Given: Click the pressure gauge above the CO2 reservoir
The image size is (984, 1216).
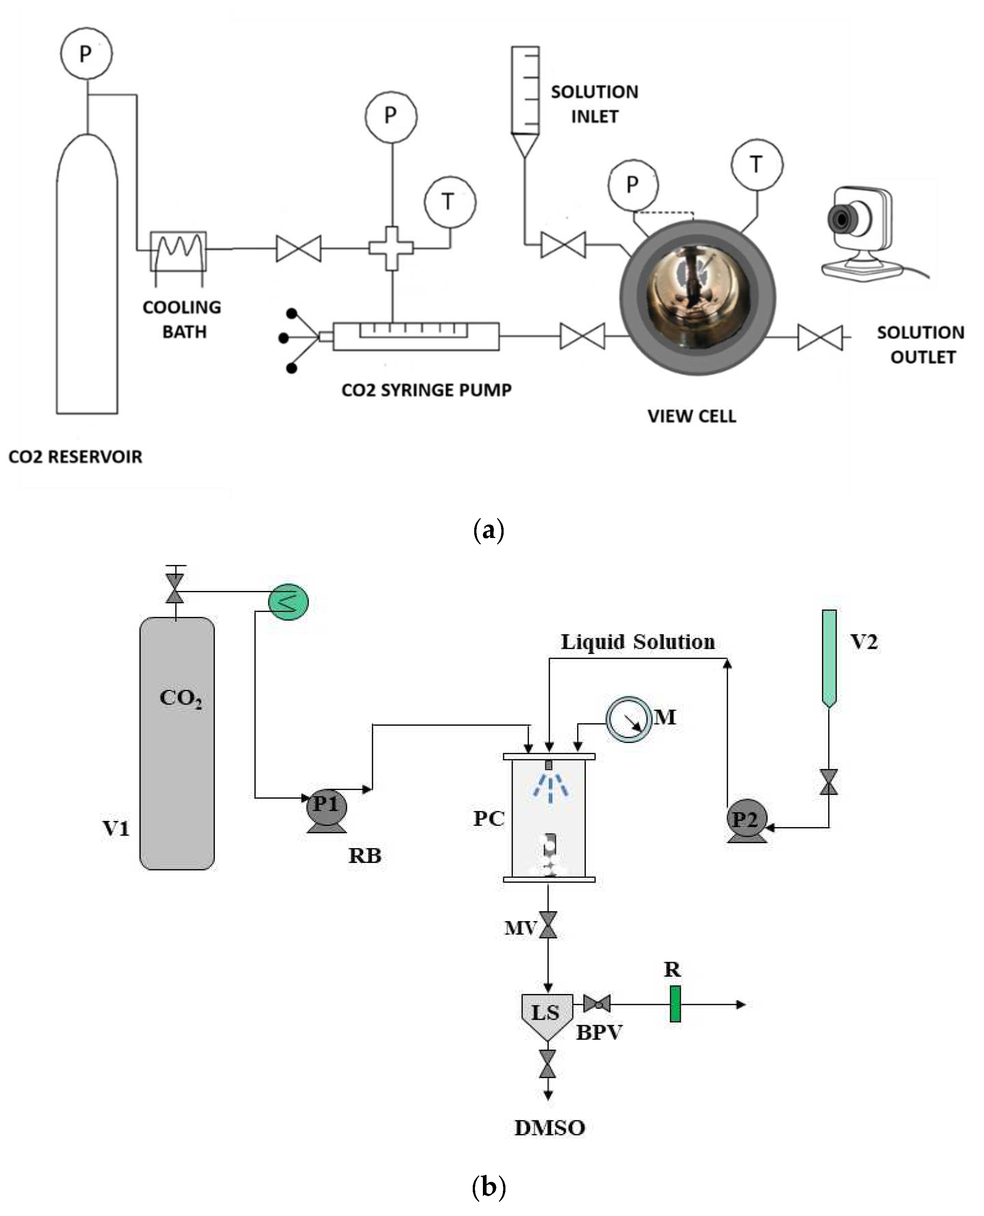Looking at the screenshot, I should click(86, 54).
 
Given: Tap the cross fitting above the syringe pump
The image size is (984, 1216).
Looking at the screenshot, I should click(391, 248).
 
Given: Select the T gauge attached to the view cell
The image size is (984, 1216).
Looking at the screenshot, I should click(757, 165).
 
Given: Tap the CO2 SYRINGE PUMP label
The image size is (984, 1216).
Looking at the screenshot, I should click(426, 390).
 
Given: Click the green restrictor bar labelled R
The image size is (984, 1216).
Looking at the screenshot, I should click(675, 1004).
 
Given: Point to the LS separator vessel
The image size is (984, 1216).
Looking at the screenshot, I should click(547, 1014).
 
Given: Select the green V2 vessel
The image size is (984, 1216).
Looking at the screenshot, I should click(829, 657).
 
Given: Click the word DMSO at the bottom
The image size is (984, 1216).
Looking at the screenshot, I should click(549, 1127).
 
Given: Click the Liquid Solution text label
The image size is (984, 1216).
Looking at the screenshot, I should click(638, 642).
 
